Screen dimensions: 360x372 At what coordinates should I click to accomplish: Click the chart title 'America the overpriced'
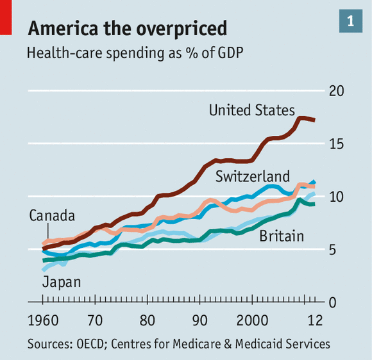tap(127, 29)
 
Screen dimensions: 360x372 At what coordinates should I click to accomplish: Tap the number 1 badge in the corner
tap(350, 20)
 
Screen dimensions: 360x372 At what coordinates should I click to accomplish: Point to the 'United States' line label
tap(252, 110)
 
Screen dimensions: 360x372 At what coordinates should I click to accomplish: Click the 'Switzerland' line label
tap(253, 176)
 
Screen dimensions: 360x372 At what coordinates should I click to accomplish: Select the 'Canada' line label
tap(52, 215)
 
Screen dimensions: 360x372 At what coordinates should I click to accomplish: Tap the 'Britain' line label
tap(282, 237)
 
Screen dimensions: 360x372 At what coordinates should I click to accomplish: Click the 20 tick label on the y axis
tap(336, 91)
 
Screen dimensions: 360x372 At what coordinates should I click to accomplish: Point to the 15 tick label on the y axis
tap(336, 144)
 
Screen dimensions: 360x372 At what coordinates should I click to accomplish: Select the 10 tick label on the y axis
tap(336, 197)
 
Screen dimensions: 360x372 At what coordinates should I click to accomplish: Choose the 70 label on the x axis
tap(95, 320)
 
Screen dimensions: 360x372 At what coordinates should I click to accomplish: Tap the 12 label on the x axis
tap(314, 320)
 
